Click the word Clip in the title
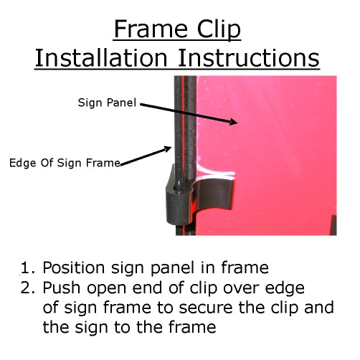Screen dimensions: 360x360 (216, 31)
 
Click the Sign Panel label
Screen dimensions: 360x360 (108, 103)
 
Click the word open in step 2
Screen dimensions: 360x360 (106, 289)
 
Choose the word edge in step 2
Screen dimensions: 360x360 (284, 289)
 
